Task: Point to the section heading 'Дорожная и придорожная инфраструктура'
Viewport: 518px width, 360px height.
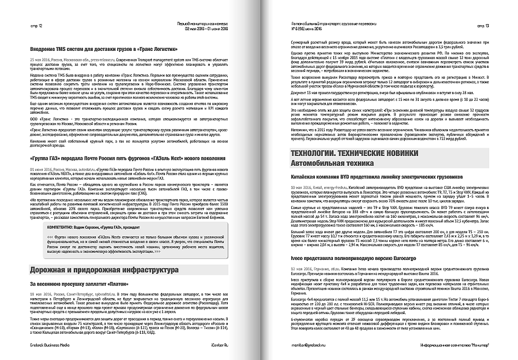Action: pos(103,270)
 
